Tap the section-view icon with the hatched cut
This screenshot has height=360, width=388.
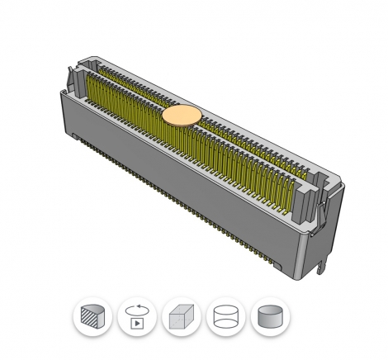coord(92,317)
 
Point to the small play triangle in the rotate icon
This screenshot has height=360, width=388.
coord(137,321)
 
